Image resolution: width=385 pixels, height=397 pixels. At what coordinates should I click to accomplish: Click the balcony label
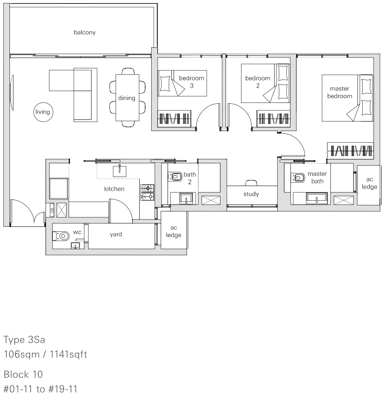pyautogui.click(x=85, y=32)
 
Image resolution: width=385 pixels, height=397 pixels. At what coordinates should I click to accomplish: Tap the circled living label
pyautogui.click(x=43, y=112)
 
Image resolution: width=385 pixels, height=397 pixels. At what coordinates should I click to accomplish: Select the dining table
pyautogui.click(x=128, y=98)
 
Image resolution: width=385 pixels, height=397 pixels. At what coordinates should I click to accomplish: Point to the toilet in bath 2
pyautogui.click(x=175, y=177)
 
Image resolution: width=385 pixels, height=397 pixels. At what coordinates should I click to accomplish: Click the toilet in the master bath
pyautogui.click(x=298, y=177)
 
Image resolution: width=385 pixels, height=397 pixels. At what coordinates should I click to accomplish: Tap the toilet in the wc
pyautogui.click(x=61, y=236)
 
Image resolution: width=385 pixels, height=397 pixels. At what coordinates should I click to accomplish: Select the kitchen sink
pyautogui.click(x=119, y=171)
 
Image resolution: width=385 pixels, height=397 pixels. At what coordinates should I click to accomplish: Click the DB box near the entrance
pyautogui.click(x=52, y=210)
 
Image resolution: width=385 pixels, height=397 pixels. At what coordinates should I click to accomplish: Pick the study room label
pyautogui.click(x=251, y=194)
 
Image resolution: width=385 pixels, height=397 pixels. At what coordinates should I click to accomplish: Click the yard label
pyautogui.click(x=116, y=235)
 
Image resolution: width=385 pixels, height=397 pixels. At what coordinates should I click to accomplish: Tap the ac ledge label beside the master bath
pyautogui.click(x=369, y=183)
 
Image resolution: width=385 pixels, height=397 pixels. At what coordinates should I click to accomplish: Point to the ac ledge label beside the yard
pyautogui.click(x=174, y=232)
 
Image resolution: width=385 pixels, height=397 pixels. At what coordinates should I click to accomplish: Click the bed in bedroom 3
pyautogui.click(x=182, y=83)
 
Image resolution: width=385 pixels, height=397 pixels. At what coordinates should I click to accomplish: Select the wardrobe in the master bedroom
pyautogui.click(x=350, y=151)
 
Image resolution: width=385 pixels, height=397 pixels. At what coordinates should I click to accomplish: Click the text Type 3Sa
pyautogui.click(x=24, y=340)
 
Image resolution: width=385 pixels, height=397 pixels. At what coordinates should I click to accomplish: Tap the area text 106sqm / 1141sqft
pyautogui.click(x=46, y=354)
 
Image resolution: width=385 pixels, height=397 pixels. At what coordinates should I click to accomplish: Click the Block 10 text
pyautogui.click(x=23, y=375)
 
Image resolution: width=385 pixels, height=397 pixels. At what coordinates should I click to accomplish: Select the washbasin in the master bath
pyautogui.click(x=317, y=198)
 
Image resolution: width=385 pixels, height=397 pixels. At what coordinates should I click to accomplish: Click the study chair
pyautogui.click(x=251, y=183)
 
